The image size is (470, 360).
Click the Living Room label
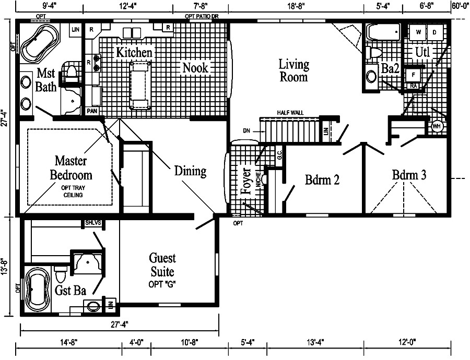tap(293, 70)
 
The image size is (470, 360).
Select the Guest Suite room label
tap(162, 265)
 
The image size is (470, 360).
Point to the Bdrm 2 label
tap(322, 180)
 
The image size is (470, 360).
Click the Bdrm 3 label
tap(409, 175)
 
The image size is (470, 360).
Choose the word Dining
tap(190, 171)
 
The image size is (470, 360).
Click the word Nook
tap(195, 67)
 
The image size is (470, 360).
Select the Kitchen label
tap(134, 52)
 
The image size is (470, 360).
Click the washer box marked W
tap(418, 32)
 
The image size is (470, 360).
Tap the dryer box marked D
tap(434, 32)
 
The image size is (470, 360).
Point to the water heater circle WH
tap(437, 126)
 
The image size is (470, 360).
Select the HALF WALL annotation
tap(290, 113)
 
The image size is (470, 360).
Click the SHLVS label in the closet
tap(94, 223)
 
